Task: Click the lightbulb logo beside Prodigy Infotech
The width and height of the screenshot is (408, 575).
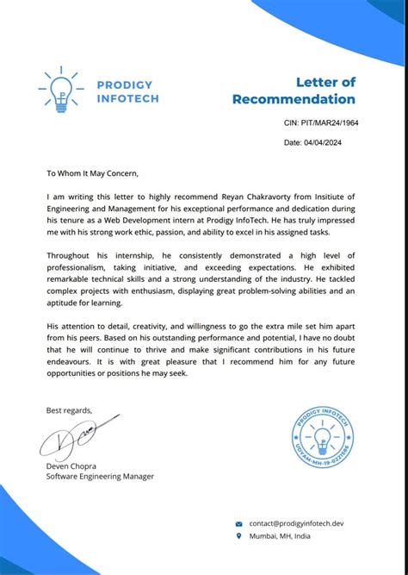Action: coord(60,91)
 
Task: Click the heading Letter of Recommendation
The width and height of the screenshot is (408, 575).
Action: coord(294,91)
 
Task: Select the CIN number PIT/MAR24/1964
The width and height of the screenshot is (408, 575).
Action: coord(321,122)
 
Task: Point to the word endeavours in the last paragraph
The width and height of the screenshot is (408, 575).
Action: coord(73,362)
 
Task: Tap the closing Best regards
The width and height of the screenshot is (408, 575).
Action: coord(69,409)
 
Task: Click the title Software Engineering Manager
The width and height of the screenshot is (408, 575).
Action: coord(100,476)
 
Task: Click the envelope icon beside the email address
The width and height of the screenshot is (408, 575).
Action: coord(239,523)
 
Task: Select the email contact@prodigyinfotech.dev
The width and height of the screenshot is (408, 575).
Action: coord(296,523)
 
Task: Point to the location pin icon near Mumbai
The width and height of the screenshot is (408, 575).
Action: coord(239,536)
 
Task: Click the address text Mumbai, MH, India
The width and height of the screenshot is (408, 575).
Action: coord(281,536)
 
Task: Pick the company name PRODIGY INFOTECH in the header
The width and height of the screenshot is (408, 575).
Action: coord(127,91)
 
